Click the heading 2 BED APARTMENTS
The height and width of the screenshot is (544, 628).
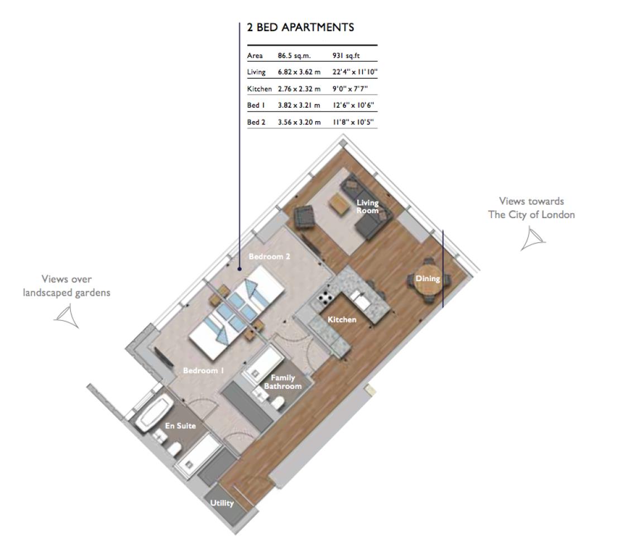pos(300,27)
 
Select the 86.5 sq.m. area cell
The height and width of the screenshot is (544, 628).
pos(294,56)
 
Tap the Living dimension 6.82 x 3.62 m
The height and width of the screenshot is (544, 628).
pos(299,72)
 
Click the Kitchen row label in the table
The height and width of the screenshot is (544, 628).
pos(260,89)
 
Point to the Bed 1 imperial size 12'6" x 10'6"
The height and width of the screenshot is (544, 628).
pos(353,105)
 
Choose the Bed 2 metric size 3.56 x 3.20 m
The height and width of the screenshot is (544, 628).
pos(299,122)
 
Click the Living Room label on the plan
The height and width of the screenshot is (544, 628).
pos(367,206)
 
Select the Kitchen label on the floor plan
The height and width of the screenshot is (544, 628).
pos(342,320)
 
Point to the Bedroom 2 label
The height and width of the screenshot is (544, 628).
pos(270,257)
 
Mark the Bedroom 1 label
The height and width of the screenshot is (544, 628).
pos(203,370)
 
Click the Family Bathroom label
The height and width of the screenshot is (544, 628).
pos(282,382)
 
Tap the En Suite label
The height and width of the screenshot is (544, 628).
pos(180,426)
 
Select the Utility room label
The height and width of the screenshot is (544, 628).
pos(222,503)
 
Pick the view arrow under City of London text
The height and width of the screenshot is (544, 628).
pos(533,239)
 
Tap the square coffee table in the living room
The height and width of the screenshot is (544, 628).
pos(338,205)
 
